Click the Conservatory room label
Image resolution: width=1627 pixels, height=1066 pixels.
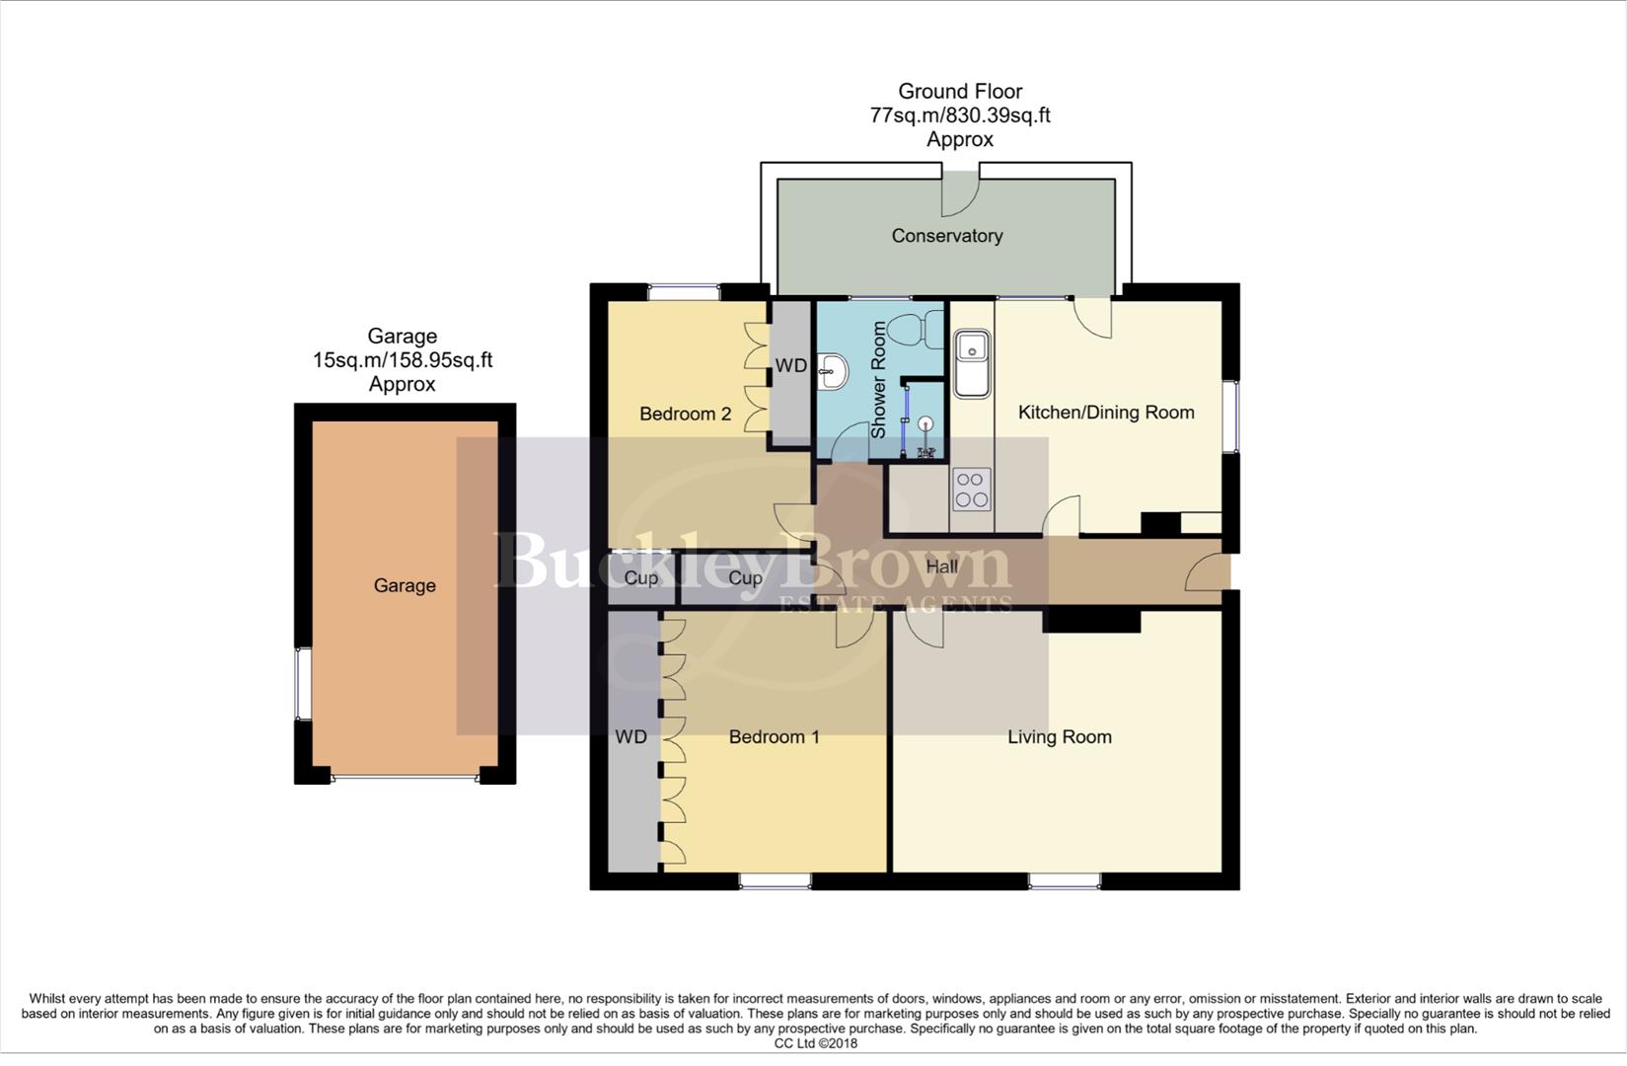coord(946,236)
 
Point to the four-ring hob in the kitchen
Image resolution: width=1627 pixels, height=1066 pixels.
coord(972,489)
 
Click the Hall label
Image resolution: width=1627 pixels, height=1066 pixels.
coord(941,568)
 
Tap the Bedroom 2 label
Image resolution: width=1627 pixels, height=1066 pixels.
coord(685,414)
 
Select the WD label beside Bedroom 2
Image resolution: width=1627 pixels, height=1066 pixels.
coord(790,366)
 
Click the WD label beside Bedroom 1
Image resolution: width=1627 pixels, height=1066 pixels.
coord(630,737)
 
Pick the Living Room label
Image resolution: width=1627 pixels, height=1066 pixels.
coord(1059,737)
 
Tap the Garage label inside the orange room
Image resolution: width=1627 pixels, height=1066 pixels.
coord(405,586)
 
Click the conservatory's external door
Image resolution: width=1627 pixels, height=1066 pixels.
coord(958,191)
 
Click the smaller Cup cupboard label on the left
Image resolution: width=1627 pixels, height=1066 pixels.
coord(641,578)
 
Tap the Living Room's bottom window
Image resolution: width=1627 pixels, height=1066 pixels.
coord(1064,880)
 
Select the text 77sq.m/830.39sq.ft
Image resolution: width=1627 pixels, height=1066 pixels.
coord(959,115)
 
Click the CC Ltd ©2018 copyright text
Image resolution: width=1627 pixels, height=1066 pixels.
coord(815,1043)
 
